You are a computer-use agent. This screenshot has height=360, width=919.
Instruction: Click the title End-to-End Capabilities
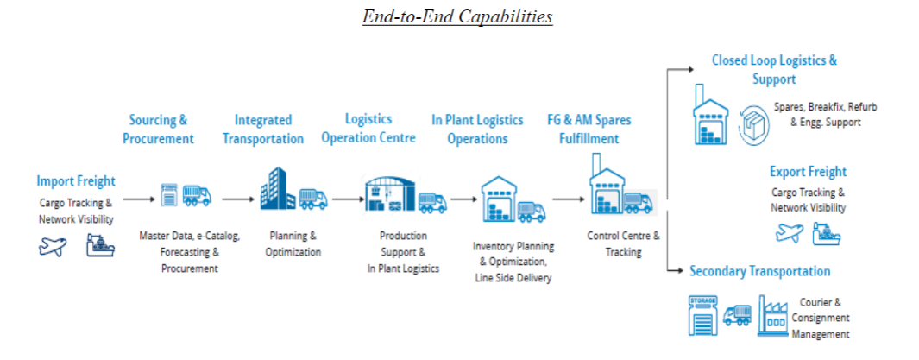coord(457,16)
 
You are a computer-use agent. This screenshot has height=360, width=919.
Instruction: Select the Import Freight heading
coord(76,181)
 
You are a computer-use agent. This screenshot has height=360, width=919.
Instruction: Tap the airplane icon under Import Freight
coord(53,247)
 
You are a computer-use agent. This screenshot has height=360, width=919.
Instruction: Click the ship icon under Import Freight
coord(101,247)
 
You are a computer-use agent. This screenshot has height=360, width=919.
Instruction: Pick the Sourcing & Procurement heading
coord(158,129)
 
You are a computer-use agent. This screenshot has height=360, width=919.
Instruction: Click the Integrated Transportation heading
coord(262,129)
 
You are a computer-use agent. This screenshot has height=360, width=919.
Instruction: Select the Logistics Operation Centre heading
coord(368,128)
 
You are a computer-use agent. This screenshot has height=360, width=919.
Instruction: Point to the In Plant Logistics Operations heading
coord(477,129)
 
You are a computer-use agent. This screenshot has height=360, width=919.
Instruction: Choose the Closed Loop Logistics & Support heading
coord(774,70)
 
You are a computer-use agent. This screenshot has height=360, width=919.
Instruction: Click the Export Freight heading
coord(808,172)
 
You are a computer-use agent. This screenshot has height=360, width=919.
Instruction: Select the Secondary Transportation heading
coord(759,271)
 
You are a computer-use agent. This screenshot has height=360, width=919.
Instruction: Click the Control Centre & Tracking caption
coord(623,243)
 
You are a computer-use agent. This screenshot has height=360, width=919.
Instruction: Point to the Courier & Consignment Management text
coord(820,319)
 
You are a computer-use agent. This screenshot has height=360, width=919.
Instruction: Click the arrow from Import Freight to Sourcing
coord(138,199)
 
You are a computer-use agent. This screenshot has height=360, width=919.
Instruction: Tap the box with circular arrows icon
coord(752,123)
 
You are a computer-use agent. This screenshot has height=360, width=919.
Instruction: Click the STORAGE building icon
coord(702,315)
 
